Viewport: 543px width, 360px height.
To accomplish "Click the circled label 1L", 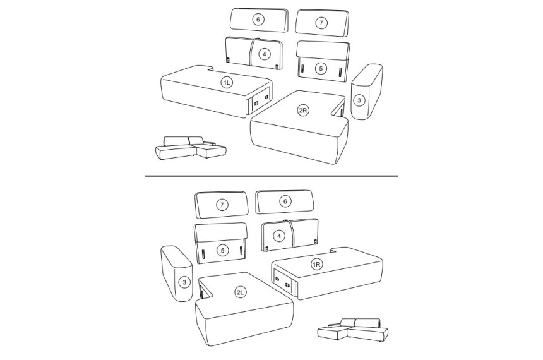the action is point(227,83).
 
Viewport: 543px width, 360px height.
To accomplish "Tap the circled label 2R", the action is point(303,111).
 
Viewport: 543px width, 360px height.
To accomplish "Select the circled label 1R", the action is point(317,265).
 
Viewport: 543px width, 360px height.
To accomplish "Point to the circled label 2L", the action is point(240,292).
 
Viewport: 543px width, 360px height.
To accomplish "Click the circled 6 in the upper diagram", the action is point(258,20).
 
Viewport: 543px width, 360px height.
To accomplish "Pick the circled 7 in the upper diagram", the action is point(321,23).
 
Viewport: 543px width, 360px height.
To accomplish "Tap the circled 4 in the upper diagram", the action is point(264,54).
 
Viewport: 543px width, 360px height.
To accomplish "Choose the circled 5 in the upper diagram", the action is point(321,68).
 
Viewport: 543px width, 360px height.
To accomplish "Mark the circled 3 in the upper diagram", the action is point(359,100).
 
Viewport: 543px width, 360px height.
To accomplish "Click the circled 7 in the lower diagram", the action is point(222,205).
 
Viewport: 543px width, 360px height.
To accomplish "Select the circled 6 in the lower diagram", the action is point(285,201).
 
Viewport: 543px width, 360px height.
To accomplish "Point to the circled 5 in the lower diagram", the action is point(222,250).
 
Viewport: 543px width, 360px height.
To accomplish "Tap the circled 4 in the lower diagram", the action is point(279,236).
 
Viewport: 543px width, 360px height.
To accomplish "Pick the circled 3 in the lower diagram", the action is point(184,282).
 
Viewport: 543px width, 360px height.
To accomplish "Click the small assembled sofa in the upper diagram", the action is point(191,148).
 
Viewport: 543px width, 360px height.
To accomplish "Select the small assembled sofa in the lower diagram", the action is point(353,330).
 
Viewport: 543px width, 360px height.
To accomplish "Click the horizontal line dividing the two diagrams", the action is point(271,176).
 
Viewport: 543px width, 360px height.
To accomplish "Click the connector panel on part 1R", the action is point(282,281).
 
